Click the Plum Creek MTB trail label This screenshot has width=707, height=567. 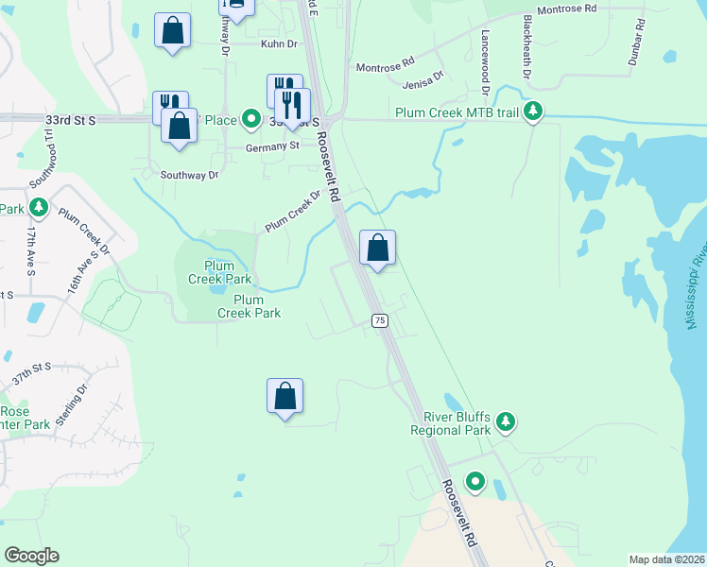457,113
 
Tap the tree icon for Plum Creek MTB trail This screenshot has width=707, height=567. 534,112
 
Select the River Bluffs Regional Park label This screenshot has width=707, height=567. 450,423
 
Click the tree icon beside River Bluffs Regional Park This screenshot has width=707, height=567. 506,422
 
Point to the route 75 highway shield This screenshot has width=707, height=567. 380,320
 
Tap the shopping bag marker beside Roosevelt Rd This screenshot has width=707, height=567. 377,249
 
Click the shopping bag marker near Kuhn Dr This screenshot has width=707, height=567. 173,30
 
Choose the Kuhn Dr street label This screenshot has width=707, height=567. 279,43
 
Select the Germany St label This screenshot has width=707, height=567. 271,146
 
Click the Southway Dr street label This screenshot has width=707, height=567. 189,175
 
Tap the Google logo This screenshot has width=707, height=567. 32,555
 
